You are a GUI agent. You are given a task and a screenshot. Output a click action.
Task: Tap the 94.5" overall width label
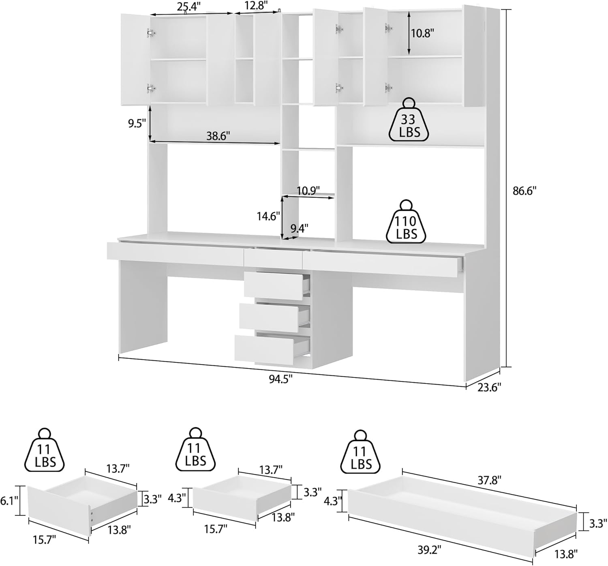click(x=280, y=379)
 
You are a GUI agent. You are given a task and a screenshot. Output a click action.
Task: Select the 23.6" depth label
click(x=489, y=387)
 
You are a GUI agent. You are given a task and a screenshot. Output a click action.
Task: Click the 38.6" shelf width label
click(x=218, y=136)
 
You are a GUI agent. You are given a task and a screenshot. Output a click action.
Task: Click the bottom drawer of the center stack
click(x=264, y=349)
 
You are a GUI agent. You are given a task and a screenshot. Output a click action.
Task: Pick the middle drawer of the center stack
click(x=268, y=317)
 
